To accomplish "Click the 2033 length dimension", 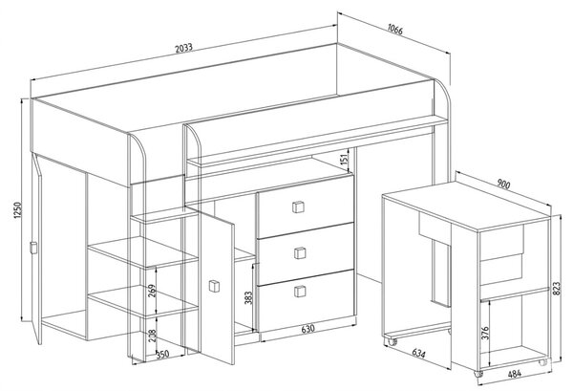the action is pos(183,48).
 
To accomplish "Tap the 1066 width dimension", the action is pos(395,30).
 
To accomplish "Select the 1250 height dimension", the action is pos(18,210).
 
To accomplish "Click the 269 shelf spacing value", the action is pos(152,291).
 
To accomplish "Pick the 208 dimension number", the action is pos(153,337).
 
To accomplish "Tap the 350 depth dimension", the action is pos(162,355).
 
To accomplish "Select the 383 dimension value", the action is pos(248,298).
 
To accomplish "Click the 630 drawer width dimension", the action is pos(308,329).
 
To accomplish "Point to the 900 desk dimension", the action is pos(503,185).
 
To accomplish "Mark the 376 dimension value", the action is pos(485,334).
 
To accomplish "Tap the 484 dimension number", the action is pos(515,374).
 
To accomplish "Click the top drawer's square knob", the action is pos(299,206).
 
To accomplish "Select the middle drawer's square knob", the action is pos(300,252).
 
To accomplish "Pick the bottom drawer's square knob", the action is pos(300,292).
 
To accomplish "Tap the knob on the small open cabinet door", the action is pos(214,286).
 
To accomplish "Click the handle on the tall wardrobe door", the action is pos(33,248).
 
